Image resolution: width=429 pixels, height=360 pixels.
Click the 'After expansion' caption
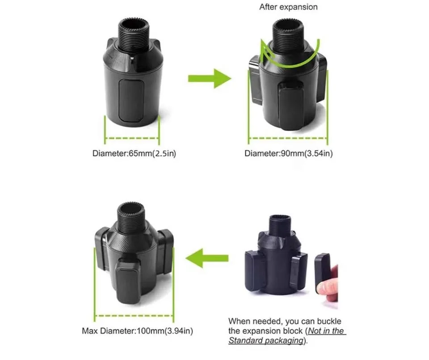288,7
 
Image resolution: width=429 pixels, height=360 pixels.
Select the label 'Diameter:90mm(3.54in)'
288,153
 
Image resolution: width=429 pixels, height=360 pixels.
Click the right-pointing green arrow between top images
209,78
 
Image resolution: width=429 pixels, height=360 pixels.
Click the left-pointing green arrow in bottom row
206,258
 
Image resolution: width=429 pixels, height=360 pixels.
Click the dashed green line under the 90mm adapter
288,139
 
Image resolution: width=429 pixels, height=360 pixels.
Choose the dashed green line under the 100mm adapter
134,314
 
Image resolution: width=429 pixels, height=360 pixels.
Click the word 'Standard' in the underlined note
247,340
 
